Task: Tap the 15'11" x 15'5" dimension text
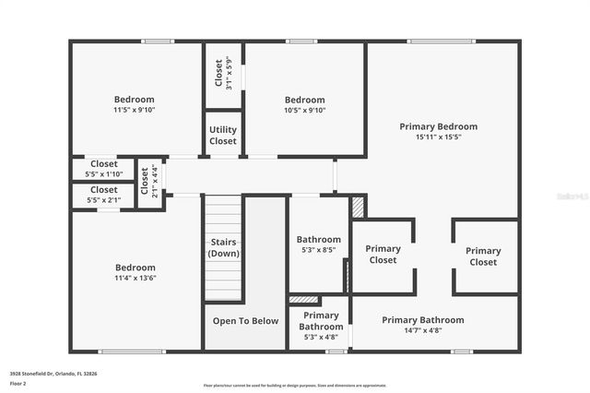point(438,137)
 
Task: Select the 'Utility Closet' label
point(223,136)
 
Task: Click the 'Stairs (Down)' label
point(222,247)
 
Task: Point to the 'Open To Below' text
point(246,321)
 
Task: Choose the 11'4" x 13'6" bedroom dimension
point(135,277)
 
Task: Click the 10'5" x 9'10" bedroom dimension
point(304,111)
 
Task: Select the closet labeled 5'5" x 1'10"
point(103,169)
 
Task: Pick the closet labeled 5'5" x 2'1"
point(103,195)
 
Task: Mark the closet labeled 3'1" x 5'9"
point(223,74)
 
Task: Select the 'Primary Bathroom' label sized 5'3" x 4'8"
point(321,320)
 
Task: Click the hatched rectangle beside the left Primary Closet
point(359,207)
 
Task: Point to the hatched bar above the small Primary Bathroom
point(304,300)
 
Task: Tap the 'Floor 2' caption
point(18,383)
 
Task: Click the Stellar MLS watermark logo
point(571,196)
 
